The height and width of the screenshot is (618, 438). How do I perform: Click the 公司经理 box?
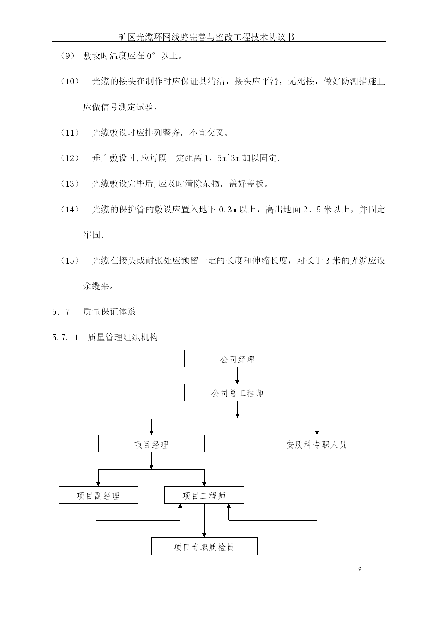pyautogui.click(x=237, y=358)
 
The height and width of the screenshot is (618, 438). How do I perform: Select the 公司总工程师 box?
pyautogui.click(x=237, y=393)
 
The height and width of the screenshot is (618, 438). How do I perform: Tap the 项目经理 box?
pyautogui.click(x=151, y=444)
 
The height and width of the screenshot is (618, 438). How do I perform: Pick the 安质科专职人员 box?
pyautogui.click(x=317, y=444)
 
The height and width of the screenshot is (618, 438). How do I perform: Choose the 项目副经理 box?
pyautogui.click(x=98, y=495)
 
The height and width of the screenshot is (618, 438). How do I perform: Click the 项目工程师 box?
pyautogui.click(x=204, y=495)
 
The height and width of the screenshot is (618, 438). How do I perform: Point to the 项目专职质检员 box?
pyautogui.click(x=204, y=546)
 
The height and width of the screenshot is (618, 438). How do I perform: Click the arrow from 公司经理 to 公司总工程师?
pyautogui.click(x=237, y=375)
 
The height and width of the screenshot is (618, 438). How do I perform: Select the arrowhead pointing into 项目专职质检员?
pyautogui.click(x=204, y=535)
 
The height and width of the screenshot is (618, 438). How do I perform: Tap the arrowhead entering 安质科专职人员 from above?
pyautogui.click(x=317, y=433)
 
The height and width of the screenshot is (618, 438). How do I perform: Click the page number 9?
pyautogui.click(x=360, y=569)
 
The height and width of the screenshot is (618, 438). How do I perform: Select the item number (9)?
pyautogui.click(x=67, y=56)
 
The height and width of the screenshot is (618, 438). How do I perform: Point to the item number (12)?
pyautogui.click(x=70, y=158)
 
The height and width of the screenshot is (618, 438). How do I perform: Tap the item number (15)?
pyautogui.click(x=70, y=261)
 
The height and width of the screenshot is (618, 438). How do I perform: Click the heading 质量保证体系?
pyautogui.click(x=109, y=312)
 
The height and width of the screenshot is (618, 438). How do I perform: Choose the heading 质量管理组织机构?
pyautogui.click(x=122, y=338)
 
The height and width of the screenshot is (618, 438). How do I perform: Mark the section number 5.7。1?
pyautogui.click(x=65, y=338)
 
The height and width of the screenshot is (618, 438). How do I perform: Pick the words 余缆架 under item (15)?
pyautogui.click(x=96, y=286)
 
